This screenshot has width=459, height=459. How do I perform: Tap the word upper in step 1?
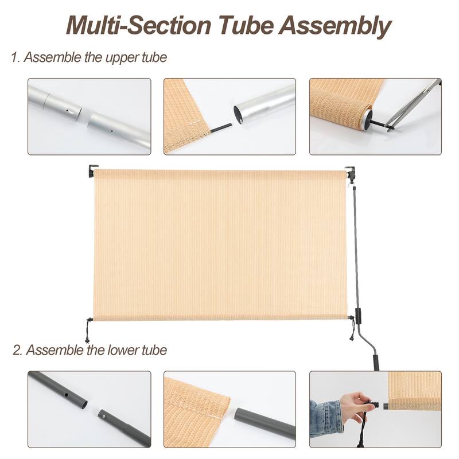[x=111, y=57]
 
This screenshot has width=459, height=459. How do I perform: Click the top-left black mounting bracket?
[x=92, y=171]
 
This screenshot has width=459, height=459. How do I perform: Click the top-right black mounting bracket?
[x=350, y=172]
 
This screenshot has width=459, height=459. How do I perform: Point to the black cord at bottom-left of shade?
[x=88, y=329]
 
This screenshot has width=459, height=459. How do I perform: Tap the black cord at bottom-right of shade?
[x=351, y=332]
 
